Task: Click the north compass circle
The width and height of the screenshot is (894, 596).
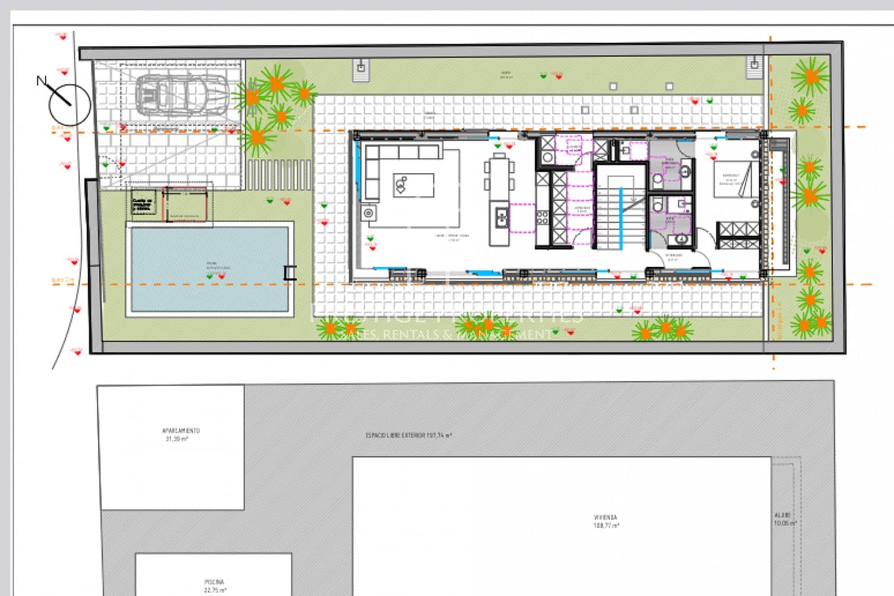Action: click(69, 105)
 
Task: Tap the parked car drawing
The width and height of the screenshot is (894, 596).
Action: click(181, 94)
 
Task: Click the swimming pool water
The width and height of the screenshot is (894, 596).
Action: click(209, 269)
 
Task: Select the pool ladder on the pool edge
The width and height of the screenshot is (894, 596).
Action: click(290, 272)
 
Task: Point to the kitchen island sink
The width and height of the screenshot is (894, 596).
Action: click(501, 216)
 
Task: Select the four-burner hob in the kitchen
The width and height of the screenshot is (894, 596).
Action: click(542, 217)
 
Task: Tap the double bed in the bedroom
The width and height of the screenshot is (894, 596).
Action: click(733, 179)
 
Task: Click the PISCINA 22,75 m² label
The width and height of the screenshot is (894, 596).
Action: click(214, 585)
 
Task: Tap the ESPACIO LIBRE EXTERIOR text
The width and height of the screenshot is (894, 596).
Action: click(408, 435)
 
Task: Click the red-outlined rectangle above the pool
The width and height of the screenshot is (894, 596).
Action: click(184, 204)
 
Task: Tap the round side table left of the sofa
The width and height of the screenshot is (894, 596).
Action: click(368, 212)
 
